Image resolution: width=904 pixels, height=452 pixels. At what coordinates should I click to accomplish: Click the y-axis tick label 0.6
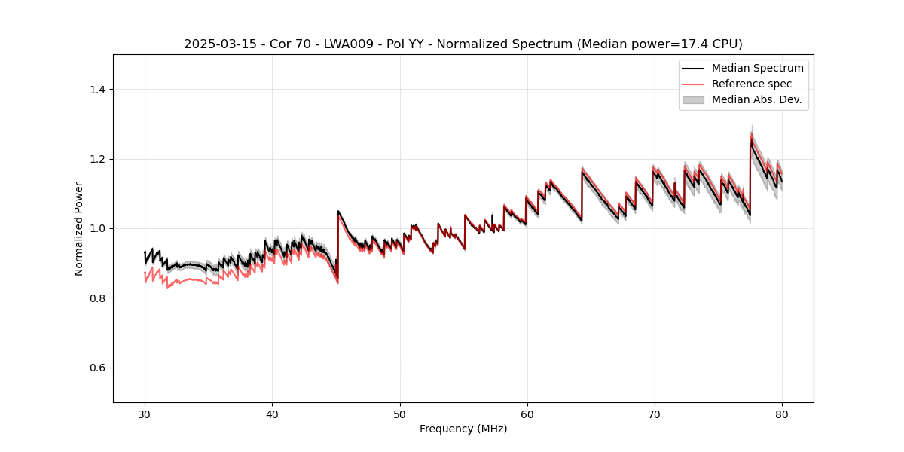click(x=97, y=368)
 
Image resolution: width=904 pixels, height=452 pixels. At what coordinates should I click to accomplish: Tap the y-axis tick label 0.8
click(x=97, y=298)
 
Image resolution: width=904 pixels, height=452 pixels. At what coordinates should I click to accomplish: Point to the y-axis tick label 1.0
click(x=97, y=228)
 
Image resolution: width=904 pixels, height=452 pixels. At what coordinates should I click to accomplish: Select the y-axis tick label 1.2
click(x=97, y=159)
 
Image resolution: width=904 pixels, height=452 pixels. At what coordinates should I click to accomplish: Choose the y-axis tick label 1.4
click(x=97, y=90)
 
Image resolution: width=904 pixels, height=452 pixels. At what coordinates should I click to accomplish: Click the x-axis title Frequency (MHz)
click(x=463, y=429)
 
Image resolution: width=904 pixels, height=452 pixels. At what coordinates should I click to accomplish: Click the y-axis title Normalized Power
click(x=79, y=228)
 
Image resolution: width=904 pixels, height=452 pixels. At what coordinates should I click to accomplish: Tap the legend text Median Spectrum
click(x=757, y=68)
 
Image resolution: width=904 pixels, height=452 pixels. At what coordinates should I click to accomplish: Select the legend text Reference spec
click(x=752, y=84)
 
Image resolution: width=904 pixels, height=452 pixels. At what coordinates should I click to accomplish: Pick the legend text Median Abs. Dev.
click(x=756, y=99)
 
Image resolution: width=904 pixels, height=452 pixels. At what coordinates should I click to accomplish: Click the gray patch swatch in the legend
click(x=693, y=99)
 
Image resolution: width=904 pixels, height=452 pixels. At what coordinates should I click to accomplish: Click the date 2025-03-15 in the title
click(x=218, y=44)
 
